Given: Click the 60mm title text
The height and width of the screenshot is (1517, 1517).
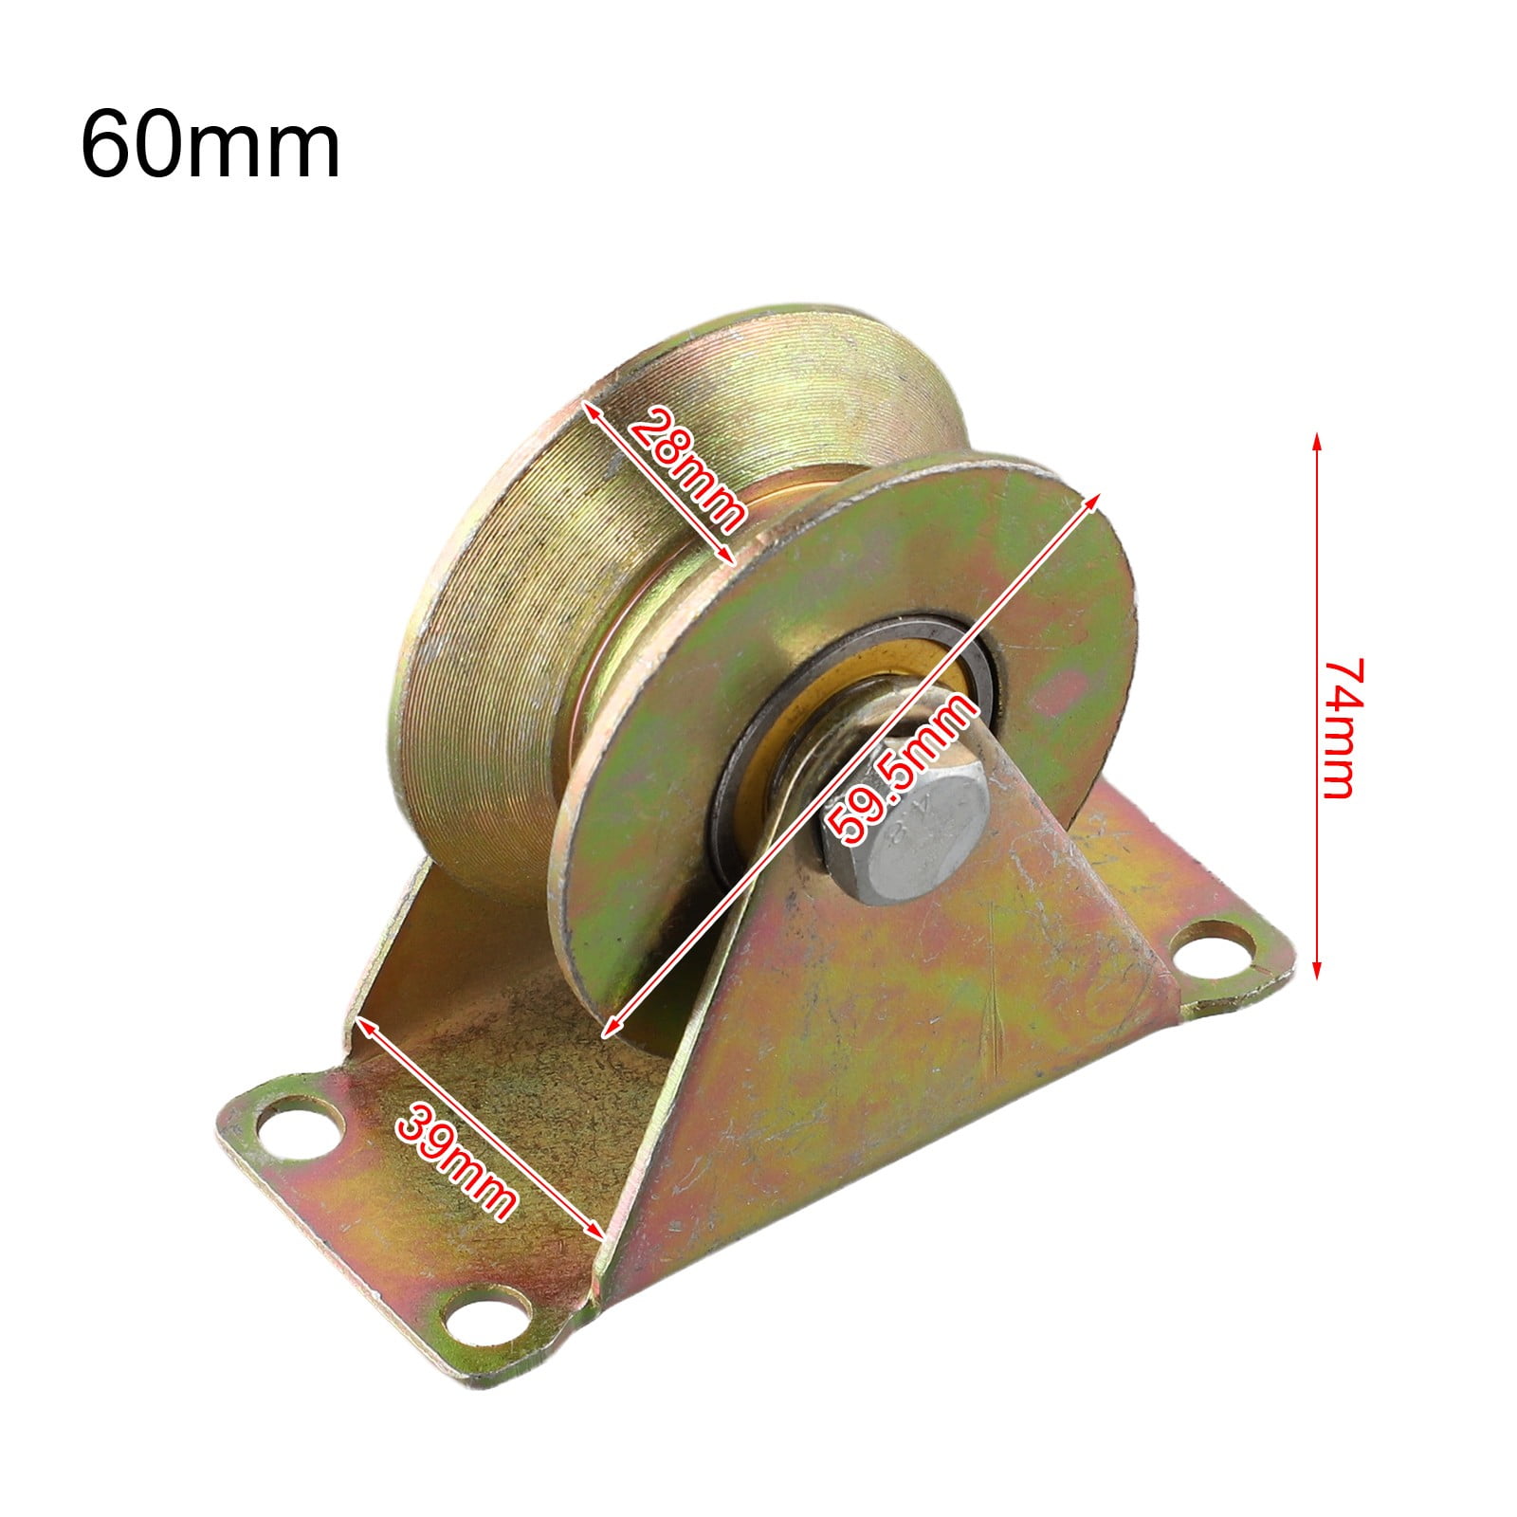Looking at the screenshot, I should [x=210, y=145].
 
